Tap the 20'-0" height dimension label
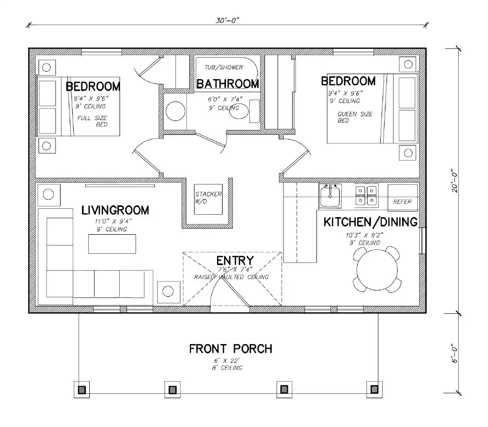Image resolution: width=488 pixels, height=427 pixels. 455,181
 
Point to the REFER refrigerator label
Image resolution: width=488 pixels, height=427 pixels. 403,202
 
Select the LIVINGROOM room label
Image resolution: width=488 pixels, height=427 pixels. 115,211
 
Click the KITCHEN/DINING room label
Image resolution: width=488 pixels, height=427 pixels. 371,222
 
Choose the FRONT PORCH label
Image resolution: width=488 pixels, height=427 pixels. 230,349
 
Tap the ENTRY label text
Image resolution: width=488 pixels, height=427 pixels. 235,261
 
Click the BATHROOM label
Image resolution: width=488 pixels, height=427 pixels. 227,84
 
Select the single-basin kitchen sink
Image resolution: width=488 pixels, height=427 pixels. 330,196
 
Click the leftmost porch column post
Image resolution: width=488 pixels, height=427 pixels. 82,389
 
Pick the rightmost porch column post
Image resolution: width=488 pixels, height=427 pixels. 374,389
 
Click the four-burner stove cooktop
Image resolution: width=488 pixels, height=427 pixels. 366,195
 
